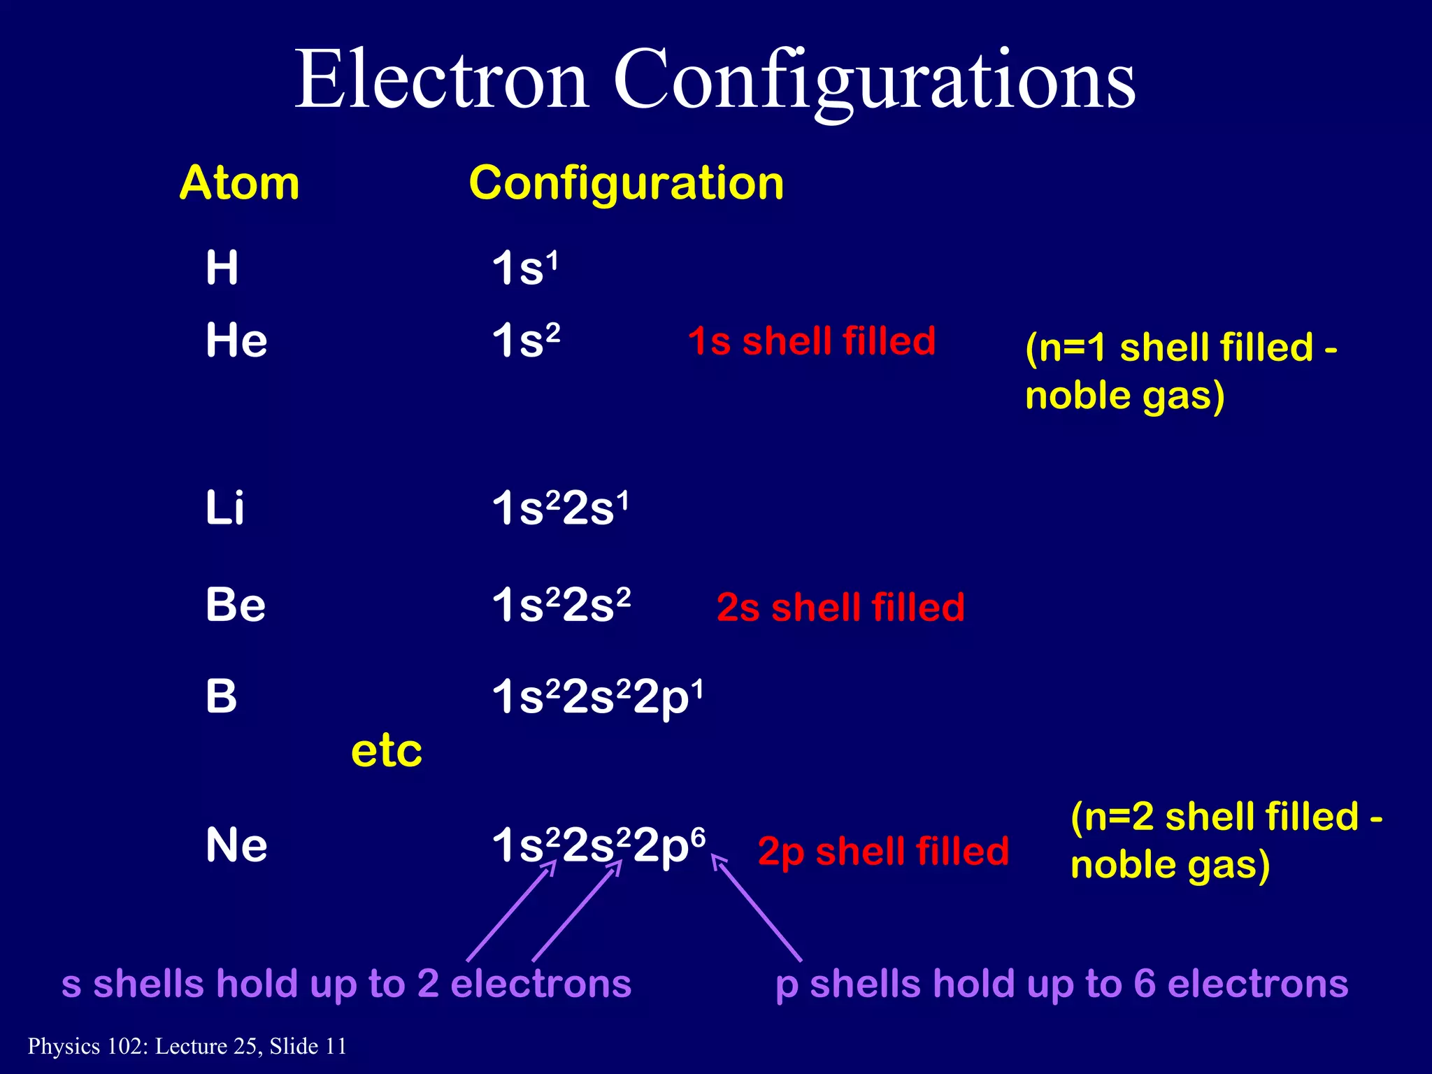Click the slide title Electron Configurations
click(x=715, y=80)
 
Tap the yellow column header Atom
click(x=239, y=183)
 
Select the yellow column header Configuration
click(x=626, y=183)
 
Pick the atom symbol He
click(x=236, y=341)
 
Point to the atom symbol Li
click(x=224, y=508)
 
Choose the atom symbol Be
click(x=236, y=605)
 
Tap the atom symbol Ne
click(x=236, y=845)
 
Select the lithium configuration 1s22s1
click(x=560, y=508)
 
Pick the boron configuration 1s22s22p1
click(x=597, y=697)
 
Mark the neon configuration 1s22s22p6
click(x=599, y=845)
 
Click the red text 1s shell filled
click(x=811, y=341)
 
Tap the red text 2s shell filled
click(x=840, y=607)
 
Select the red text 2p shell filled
click(x=883, y=852)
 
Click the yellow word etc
click(x=387, y=752)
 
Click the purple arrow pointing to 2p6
click(x=757, y=910)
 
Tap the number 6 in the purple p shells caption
click(x=1145, y=984)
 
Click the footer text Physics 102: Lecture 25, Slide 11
click(x=187, y=1046)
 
